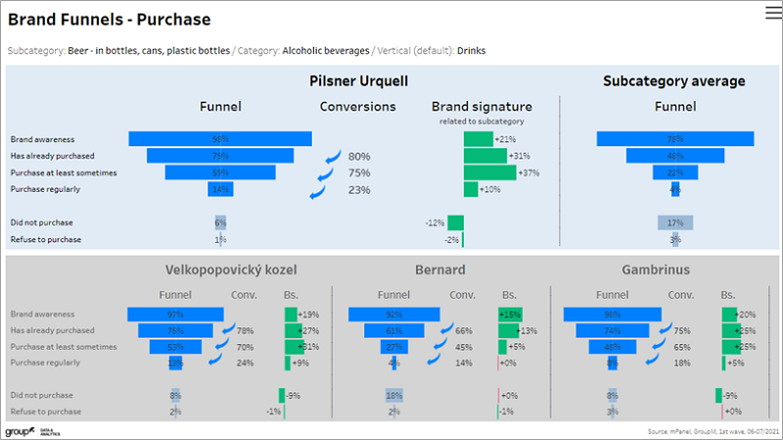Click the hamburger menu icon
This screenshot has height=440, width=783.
[x=771, y=12]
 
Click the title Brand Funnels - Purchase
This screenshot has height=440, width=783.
[x=109, y=20]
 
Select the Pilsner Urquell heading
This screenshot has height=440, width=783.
[x=358, y=81]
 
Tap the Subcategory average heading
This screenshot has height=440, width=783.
[x=673, y=81]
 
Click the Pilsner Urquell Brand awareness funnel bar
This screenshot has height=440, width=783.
[x=220, y=139]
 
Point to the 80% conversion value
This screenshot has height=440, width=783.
[x=359, y=157]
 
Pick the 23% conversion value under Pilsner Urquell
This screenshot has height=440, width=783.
[x=359, y=190]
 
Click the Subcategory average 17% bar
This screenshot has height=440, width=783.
[x=675, y=222]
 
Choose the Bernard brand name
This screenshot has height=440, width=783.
[x=440, y=269]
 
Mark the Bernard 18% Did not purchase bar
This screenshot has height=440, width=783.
[x=394, y=396]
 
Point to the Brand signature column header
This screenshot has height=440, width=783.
[x=482, y=107]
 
